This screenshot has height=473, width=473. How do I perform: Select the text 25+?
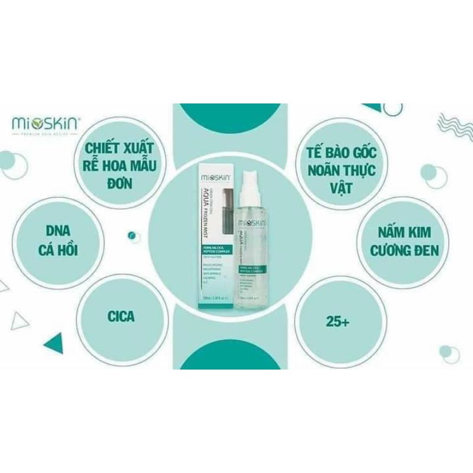(337, 322)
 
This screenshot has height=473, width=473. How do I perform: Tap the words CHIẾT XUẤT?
(118, 145)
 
